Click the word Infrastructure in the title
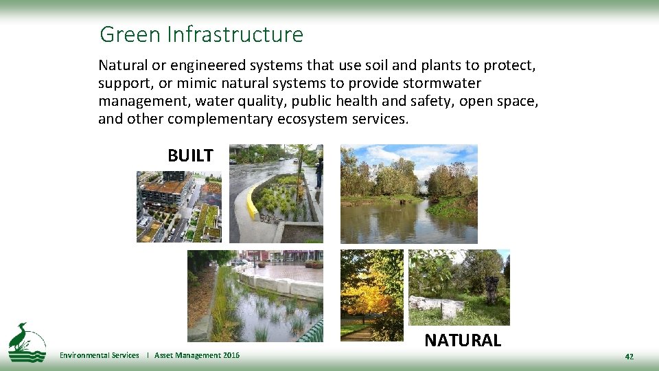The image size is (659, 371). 235,34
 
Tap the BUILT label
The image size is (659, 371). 190,156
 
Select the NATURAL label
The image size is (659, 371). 463,340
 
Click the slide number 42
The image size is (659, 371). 629,357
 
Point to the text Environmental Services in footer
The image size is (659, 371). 99,355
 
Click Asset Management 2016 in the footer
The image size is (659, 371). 197,355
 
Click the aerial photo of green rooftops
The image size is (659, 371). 178,206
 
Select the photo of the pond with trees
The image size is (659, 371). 408,194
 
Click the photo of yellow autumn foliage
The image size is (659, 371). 372,295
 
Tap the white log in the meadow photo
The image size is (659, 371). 436,306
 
